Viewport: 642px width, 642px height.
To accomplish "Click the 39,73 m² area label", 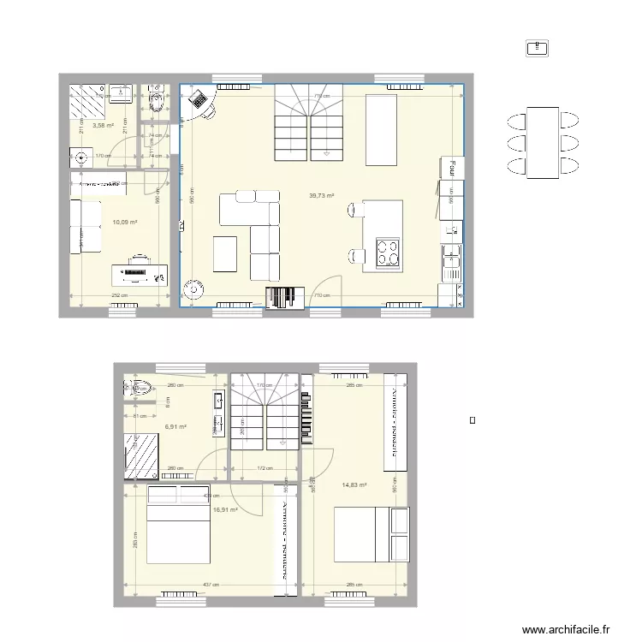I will [x=321, y=195].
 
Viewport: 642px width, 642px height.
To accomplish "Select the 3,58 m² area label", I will [x=103, y=125].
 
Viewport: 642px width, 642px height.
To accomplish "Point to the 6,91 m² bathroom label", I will [x=175, y=426].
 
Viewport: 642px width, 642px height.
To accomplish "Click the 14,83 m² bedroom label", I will [x=354, y=485].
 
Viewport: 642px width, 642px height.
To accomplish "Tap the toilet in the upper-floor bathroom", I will [x=141, y=389].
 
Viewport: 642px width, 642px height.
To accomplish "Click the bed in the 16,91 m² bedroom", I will [x=177, y=531].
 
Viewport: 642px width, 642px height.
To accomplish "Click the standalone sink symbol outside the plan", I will [x=539, y=48].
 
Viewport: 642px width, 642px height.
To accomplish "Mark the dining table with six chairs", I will [x=541, y=143].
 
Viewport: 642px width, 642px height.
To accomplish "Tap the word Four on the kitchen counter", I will [x=447, y=169].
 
